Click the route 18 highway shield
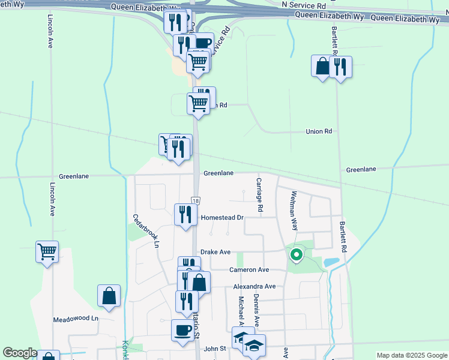195,200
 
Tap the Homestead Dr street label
222,218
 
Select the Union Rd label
319,131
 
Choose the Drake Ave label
215,253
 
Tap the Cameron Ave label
249,270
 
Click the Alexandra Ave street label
254,287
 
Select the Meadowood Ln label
75,319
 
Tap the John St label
214,348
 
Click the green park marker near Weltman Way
296,255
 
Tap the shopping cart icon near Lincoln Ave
47,251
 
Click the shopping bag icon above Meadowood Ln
109,295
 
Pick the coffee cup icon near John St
182,329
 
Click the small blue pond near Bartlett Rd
330,263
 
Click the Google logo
20,353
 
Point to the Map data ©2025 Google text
411,355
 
